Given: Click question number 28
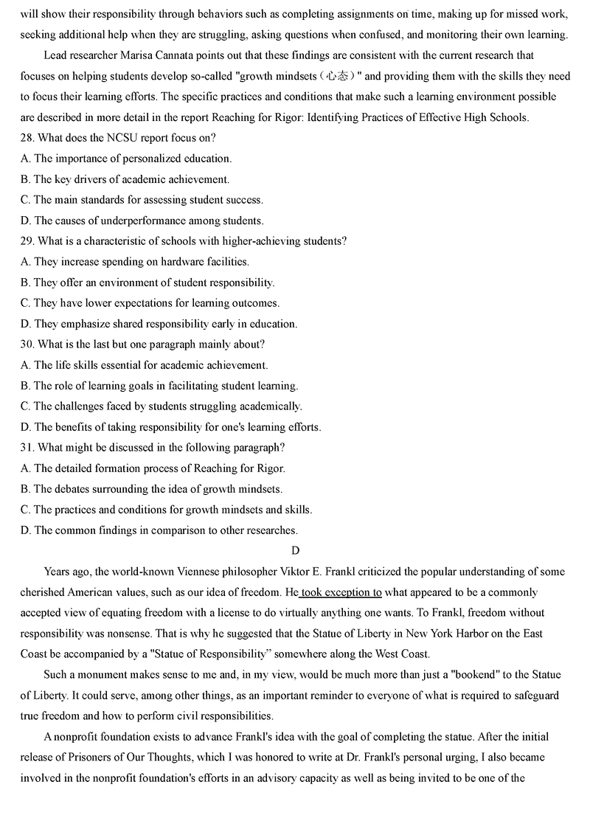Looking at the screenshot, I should tap(28, 138).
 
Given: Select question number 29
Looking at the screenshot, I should tap(28, 241).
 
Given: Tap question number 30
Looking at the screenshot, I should tap(28, 344).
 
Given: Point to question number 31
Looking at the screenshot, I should tap(28, 448).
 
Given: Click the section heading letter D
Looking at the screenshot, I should tap(295, 551).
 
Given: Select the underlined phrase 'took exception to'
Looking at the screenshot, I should tap(341, 592).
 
